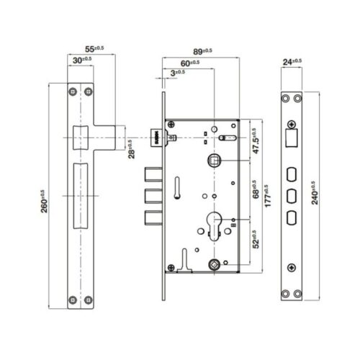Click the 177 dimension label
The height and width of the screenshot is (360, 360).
click(267, 196)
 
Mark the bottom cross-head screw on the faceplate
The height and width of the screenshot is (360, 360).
click(292, 267)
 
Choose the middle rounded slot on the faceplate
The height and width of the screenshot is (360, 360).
click(292, 196)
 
